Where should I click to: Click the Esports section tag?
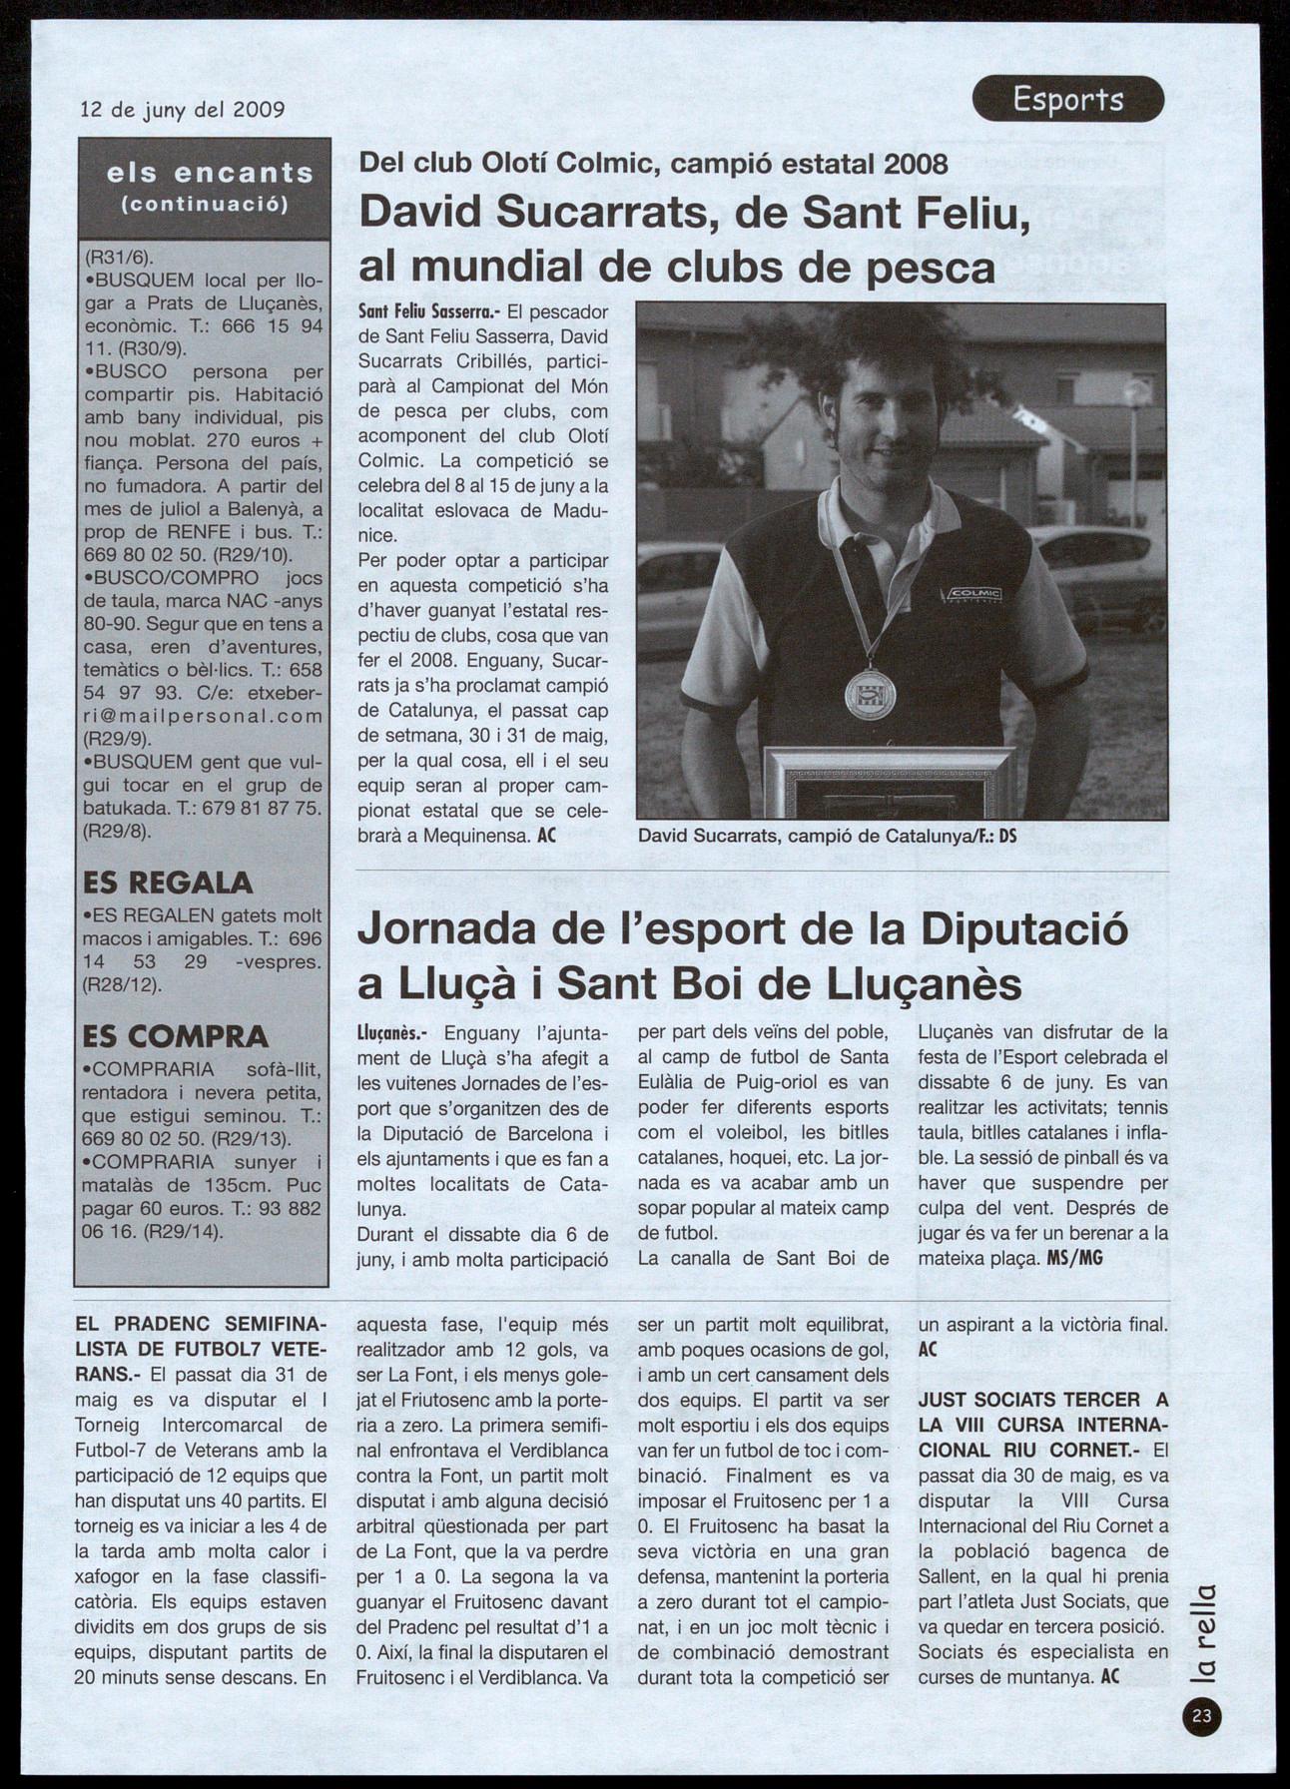pos(1067,99)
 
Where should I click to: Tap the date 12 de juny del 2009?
pos(183,110)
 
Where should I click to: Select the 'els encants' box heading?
pos(211,174)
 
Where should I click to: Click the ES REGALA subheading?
pos(168,883)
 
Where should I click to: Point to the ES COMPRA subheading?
pos(176,1035)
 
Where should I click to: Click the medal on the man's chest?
pos(870,694)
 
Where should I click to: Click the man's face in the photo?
pos(885,409)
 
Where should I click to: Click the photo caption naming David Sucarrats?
pos(827,836)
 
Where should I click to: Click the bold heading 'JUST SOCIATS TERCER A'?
pos(1042,1400)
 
